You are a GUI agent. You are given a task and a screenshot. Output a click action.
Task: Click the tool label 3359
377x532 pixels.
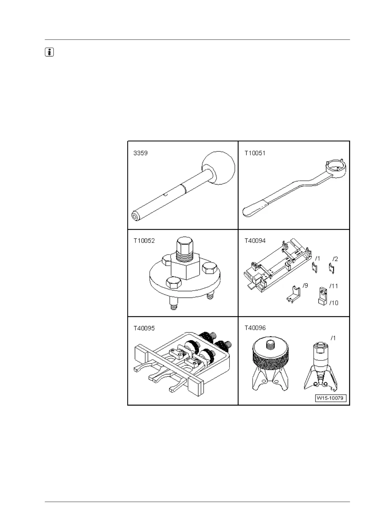141,153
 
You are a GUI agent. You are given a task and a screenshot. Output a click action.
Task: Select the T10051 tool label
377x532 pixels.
255,153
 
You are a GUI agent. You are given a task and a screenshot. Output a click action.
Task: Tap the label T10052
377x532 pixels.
144,241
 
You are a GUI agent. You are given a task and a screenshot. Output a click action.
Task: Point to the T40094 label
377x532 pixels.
255,241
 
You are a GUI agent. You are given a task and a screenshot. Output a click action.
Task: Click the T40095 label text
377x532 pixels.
144,328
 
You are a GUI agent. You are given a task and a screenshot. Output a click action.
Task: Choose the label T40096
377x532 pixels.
255,328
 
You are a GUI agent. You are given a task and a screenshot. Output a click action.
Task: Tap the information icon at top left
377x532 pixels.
49,52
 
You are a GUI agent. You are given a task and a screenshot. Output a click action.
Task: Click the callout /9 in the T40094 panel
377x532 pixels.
305,286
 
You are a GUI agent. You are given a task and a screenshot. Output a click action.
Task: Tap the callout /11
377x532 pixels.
334,286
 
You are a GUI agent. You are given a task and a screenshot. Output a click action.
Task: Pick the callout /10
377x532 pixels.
334,303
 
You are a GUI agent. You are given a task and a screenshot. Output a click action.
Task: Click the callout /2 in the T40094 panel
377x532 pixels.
335,259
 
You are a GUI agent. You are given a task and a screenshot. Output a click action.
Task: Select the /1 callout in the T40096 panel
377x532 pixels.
333,338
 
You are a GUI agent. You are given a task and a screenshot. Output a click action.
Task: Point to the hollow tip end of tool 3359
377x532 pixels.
136,216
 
